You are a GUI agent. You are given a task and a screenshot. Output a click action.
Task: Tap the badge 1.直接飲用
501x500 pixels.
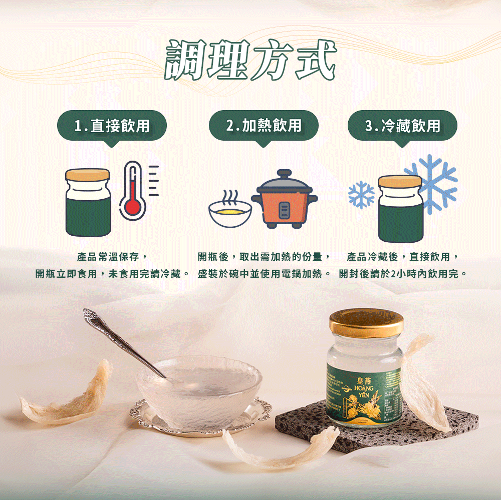(112, 126)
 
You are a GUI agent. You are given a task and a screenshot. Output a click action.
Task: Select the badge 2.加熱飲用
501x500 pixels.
(264, 125)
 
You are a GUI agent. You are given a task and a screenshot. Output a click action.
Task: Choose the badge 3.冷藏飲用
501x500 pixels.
(402, 126)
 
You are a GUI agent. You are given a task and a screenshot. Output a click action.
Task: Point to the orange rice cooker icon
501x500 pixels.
(284, 200)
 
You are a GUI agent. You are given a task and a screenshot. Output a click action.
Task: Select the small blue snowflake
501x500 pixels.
(362, 195)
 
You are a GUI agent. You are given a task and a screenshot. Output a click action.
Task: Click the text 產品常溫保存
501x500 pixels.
(111, 257)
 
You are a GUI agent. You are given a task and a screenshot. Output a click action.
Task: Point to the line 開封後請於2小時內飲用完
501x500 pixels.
(403, 274)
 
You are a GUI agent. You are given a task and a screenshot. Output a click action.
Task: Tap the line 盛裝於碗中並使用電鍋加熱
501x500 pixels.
(264, 274)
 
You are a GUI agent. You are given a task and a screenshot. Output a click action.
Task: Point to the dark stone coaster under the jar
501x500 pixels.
(311, 425)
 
